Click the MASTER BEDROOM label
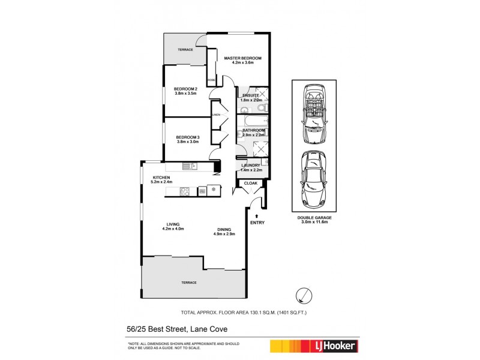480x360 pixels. click(239, 58)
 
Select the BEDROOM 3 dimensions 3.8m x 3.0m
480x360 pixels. click(187, 142)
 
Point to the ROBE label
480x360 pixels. click(211, 80)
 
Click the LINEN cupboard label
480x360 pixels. click(215, 114)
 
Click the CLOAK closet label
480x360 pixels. click(251, 183)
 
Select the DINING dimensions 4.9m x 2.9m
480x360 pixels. click(228, 234)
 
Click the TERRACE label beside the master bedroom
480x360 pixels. click(185, 49)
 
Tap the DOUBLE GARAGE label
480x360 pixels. click(314, 217)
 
